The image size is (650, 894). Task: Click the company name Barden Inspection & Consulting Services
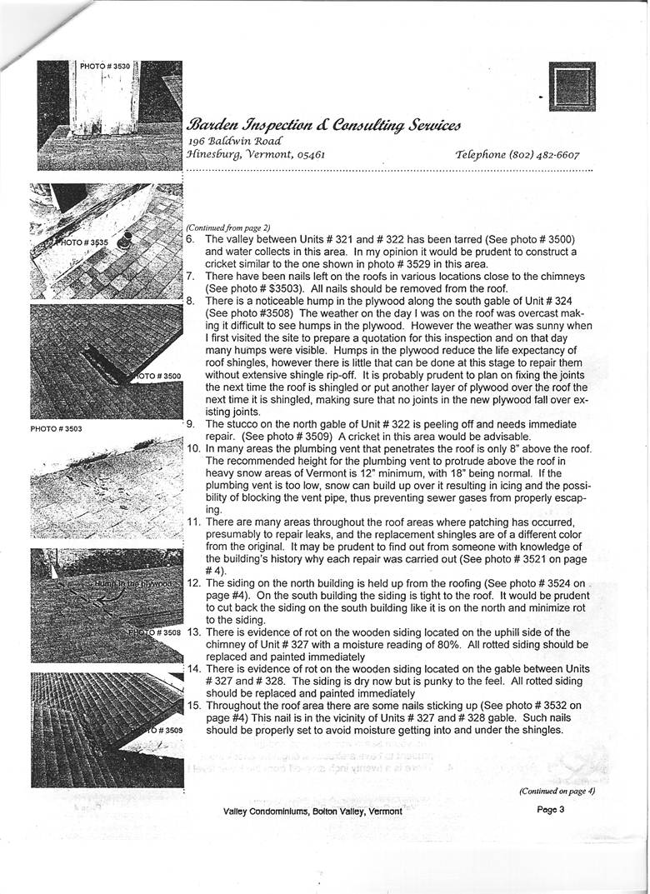point(323,125)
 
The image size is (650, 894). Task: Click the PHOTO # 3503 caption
point(56,429)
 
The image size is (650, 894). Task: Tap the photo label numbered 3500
point(158,377)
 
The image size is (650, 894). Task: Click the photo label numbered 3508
point(157,633)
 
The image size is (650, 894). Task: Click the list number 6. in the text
point(191,239)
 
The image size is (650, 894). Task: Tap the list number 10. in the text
point(192,449)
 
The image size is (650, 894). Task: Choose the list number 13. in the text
point(192,632)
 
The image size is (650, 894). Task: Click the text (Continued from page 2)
point(228,227)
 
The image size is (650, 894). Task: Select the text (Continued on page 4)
point(556,791)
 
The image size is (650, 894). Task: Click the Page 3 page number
point(551,809)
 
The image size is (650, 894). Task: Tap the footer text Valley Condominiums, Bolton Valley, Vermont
point(312,812)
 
